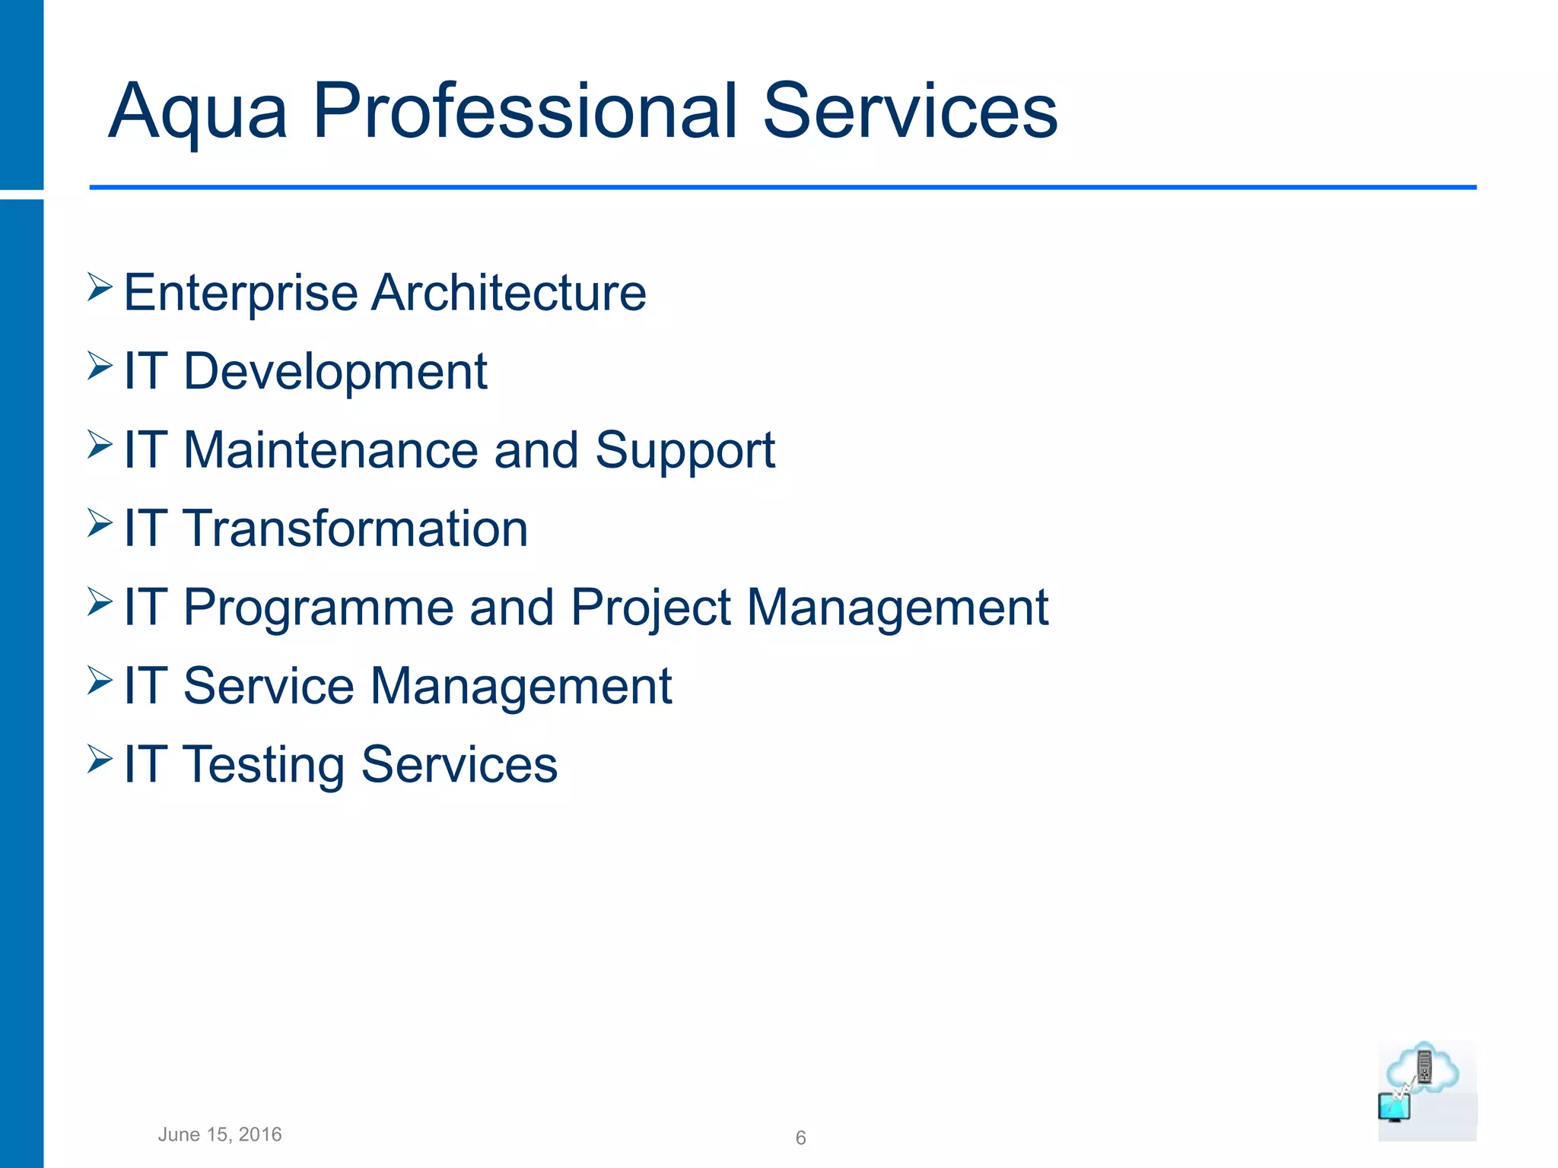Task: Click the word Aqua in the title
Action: pyautogui.click(x=198, y=113)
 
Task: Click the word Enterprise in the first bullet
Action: pyautogui.click(x=240, y=294)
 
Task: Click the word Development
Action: pyautogui.click(x=335, y=372)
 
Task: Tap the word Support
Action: pyautogui.click(x=685, y=452)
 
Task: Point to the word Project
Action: pyautogui.click(x=650, y=608)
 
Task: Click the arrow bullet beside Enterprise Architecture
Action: pyautogui.click(x=100, y=287)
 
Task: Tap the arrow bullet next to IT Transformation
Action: pyautogui.click(x=100, y=523)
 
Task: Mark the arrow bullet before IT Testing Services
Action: pyautogui.click(x=100, y=759)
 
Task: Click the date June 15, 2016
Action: pyautogui.click(x=220, y=1135)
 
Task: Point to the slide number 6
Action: pyautogui.click(x=800, y=1138)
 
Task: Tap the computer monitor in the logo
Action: pyautogui.click(x=1394, y=1107)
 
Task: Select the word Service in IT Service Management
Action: pyautogui.click(x=269, y=687)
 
